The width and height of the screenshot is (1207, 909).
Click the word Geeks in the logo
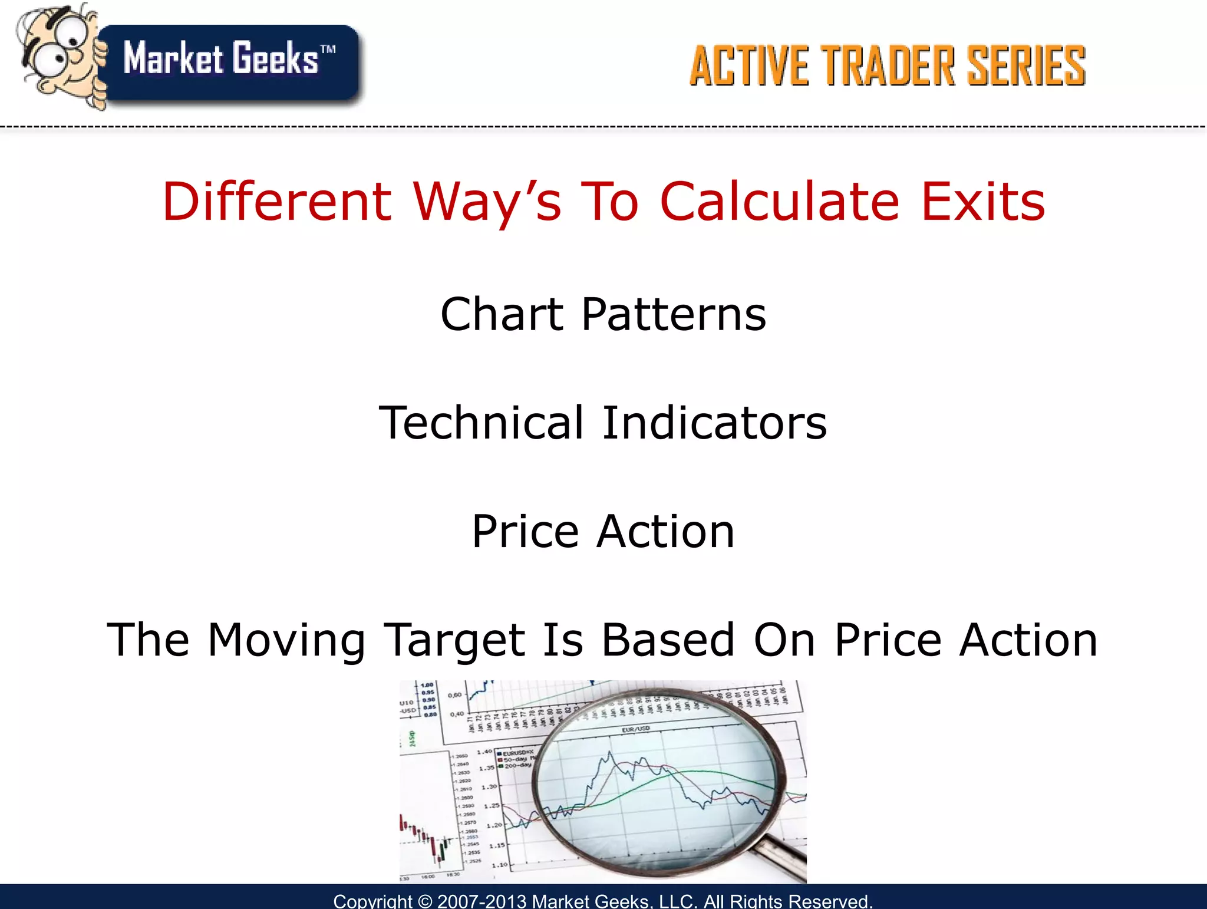point(275,58)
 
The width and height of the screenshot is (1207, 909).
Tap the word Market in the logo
point(173,58)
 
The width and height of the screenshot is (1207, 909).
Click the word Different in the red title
point(277,202)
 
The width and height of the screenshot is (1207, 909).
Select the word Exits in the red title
point(982,202)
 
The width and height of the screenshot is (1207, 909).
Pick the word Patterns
point(674,314)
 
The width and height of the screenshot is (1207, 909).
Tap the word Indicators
point(714,423)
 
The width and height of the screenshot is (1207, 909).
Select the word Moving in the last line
point(286,641)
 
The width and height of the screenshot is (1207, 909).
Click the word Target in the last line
point(454,641)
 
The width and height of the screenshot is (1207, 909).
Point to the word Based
point(668,641)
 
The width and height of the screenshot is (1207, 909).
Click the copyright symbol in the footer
point(424,901)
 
